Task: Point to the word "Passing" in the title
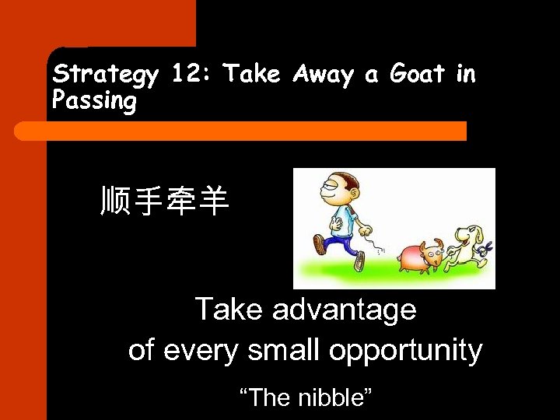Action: [93, 102]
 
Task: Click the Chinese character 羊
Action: [212, 201]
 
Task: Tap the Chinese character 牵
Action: [180, 201]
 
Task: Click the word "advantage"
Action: [344, 310]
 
